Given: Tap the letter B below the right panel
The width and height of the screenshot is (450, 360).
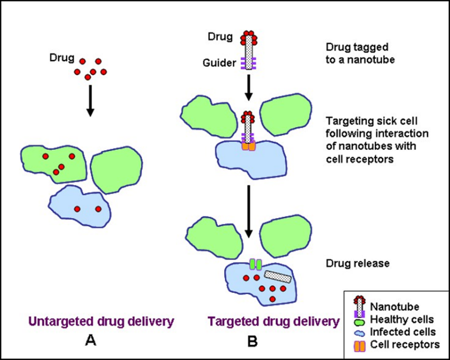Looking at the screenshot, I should pos(252,341).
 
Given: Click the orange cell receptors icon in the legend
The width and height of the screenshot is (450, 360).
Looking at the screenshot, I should pos(360,345).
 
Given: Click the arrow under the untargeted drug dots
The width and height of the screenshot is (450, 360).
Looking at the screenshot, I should pos(90,100).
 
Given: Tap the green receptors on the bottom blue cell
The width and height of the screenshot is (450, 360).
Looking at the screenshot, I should pos(255,264).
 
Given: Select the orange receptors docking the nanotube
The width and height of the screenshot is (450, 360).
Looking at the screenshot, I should pos(248,145).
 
